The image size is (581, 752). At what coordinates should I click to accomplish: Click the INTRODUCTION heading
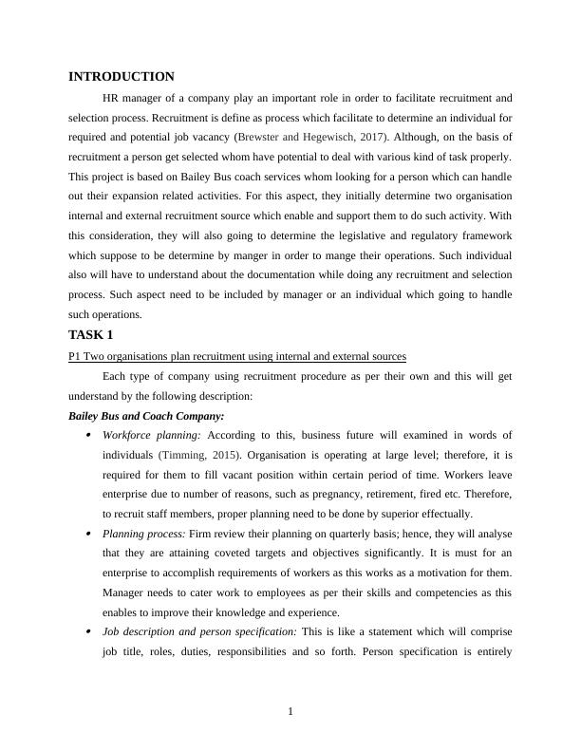click(122, 77)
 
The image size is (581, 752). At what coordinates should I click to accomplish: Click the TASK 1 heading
click(98, 335)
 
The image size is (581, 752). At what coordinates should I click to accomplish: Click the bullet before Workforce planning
click(88, 435)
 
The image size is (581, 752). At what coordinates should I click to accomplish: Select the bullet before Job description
click(88, 632)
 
